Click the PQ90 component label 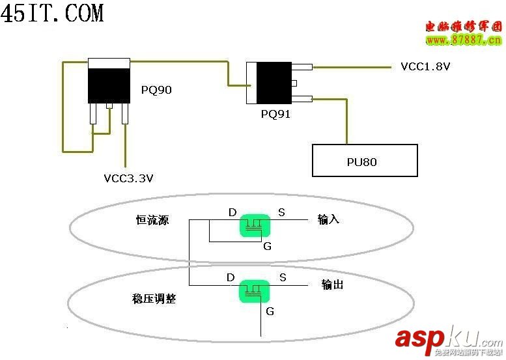(x=156, y=90)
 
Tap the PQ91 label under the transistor (x=275, y=114)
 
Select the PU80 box (x=364, y=161)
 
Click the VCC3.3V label (x=128, y=177)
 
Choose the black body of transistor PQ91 (x=274, y=83)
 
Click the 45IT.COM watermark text (x=52, y=14)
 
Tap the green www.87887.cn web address (x=464, y=40)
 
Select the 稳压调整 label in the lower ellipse (x=154, y=299)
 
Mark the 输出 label (x=333, y=284)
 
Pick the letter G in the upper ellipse (x=267, y=246)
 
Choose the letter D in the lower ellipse (x=231, y=278)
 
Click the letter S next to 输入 (x=281, y=212)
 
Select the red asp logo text (x=419, y=338)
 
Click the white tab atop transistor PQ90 (x=109, y=62)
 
